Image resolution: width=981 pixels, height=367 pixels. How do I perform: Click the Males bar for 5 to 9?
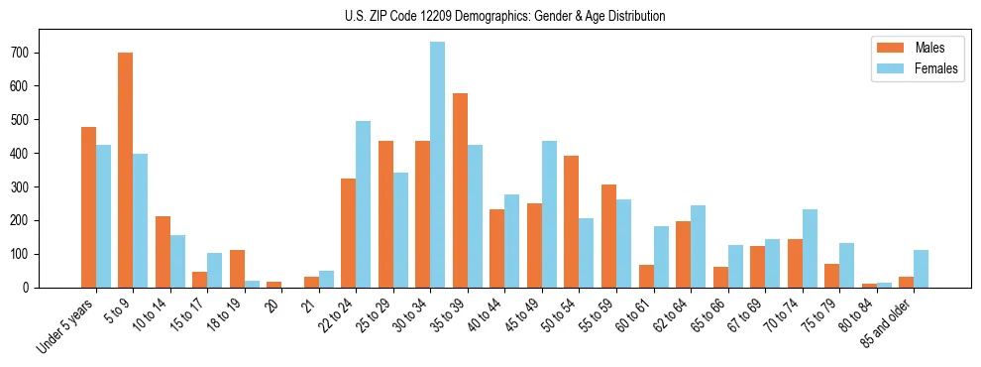click(x=126, y=170)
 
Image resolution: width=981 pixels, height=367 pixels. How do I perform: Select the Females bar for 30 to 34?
click(x=437, y=165)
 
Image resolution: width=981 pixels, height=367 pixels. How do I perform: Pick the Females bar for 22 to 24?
click(x=363, y=204)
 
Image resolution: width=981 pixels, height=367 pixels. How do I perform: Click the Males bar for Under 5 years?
click(x=88, y=207)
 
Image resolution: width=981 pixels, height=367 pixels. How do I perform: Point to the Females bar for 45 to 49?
click(x=549, y=214)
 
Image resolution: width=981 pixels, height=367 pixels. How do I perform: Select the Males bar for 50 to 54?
click(x=572, y=221)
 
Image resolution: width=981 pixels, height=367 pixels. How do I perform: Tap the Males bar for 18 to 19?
click(x=237, y=269)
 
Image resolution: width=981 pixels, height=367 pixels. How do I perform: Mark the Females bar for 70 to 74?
click(x=809, y=248)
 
